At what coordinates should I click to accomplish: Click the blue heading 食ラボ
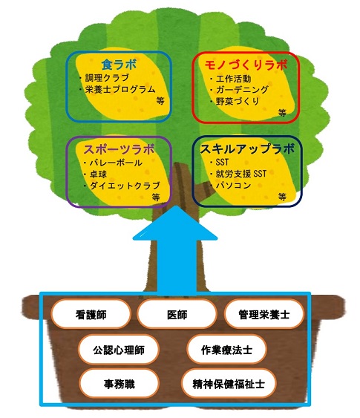[119, 65]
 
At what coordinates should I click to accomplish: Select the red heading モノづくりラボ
[246, 65]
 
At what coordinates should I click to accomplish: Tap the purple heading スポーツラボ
[119, 149]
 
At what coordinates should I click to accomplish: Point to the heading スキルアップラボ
[247, 148]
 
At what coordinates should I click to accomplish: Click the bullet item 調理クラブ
[107, 78]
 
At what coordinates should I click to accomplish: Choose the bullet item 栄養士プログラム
[120, 89]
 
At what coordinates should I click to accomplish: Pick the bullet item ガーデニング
[242, 90]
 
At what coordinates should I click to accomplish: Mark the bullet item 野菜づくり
[238, 101]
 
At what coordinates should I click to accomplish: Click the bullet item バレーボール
[116, 163]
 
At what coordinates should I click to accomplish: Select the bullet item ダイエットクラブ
[125, 186]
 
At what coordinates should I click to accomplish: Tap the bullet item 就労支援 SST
[241, 174]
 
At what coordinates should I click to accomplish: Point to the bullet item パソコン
[234, 185]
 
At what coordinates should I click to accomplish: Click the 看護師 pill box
[91, 315]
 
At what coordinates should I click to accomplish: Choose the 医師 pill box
[177, 315]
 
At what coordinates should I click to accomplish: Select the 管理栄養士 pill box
[264, 315]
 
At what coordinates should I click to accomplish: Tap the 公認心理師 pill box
[119, 350]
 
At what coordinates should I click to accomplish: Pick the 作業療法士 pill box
[226, 350]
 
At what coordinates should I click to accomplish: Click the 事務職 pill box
[119, 384]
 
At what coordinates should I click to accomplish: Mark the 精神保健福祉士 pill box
[229, 384]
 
